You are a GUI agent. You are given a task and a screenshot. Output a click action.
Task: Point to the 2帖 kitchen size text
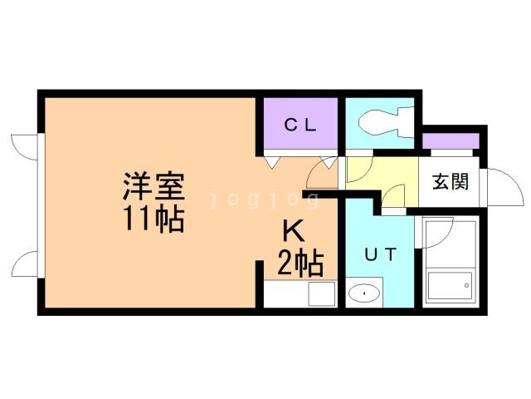click(300, 264)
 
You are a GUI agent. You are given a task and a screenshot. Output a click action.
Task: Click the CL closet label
click(300, 126)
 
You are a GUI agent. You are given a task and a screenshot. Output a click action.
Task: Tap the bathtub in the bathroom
click(448, 288)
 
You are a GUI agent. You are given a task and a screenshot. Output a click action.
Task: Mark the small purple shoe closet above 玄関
click(451, 140)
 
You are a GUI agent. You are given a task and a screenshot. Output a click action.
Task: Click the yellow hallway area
click(378, 176)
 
